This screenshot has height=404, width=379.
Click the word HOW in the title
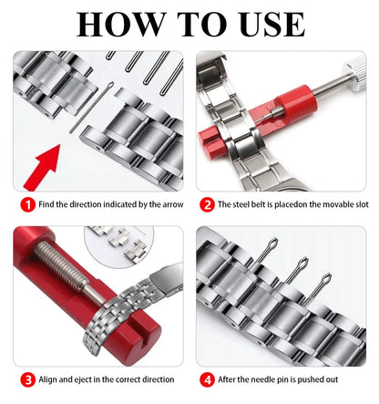(117, 25)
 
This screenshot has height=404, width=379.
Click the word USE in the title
(264, 25)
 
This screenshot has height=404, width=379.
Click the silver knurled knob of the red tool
(350, 67)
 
